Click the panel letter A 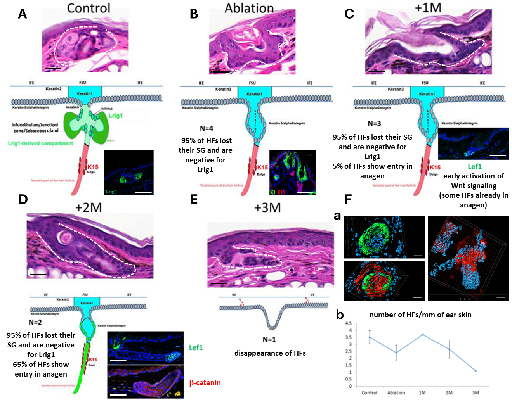point(23,14)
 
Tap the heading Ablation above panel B point(249,8)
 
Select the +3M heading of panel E point(267,207)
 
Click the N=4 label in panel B point(207,128)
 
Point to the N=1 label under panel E point(269,339)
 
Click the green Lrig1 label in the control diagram point(115,115)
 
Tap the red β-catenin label point(205,382)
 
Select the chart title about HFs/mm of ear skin point(420,315)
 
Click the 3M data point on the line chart point(476,371)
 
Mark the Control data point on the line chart point(370,337)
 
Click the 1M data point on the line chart point(422,334)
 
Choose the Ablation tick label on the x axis point(396,393)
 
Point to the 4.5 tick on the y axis point(349,323)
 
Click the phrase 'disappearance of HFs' point(270,353)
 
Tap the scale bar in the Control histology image point(53,69)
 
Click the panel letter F point(348,199)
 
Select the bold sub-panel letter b point(340,315)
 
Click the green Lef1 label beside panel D point(196,347)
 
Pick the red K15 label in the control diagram point(92,167)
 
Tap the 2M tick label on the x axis point(449,393)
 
